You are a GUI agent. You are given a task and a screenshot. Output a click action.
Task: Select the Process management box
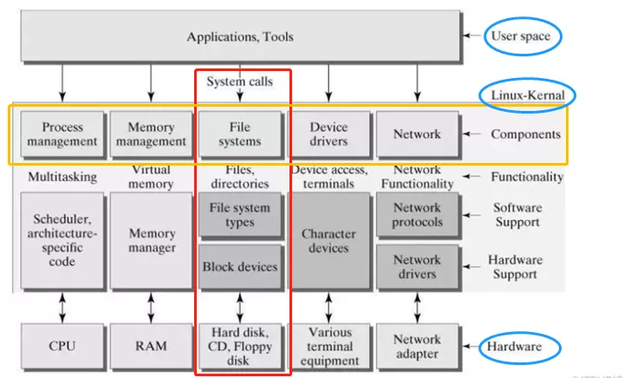click(62, 134)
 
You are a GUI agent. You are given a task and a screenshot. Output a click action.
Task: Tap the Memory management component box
click(151, 134)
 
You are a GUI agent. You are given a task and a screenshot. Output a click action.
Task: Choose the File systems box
click(239, 134)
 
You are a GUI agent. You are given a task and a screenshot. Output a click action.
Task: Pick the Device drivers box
click(328, 134)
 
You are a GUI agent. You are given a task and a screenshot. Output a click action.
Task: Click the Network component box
click(417, 134)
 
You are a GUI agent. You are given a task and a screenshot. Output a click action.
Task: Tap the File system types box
click(239, 215)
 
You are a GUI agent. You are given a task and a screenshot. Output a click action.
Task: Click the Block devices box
click(239, 266)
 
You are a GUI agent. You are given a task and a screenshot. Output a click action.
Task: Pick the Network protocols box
click(417, 214)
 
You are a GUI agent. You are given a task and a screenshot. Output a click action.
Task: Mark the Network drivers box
click(417, 266)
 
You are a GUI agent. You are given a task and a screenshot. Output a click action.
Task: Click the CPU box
click(62, 346)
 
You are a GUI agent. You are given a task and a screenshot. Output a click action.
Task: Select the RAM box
click(151, 346)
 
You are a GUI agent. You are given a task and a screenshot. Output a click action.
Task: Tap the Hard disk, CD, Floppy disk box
click(239, 346)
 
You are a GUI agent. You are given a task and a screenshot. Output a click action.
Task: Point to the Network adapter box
click(417, 346)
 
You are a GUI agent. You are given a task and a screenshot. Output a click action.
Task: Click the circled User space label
click(521, 36)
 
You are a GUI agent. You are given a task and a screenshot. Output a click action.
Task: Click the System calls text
click(239, 82)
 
